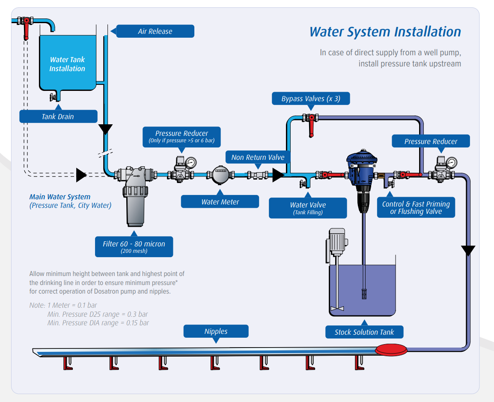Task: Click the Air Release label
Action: [155, 31]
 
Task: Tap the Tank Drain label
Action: [58, 117]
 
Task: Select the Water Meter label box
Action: [220, 202]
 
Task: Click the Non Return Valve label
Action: [258, 157]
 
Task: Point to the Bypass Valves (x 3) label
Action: [311, 99]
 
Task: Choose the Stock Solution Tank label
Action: [364, 332]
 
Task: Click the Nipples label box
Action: [216, 331]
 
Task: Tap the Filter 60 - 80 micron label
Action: [134, 246]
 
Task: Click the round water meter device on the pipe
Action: [220, 175]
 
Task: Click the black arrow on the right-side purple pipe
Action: [468, 250]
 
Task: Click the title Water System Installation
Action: [385, 32]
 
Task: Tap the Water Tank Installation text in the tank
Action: [67, 64]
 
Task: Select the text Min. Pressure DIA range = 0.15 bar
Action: [98, 323]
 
